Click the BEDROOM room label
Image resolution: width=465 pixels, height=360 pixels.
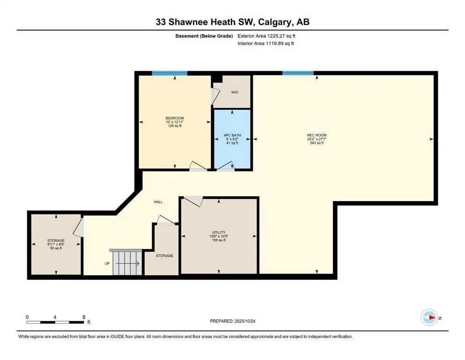(x=175, y=118)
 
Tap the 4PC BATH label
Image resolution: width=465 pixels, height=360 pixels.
(x=232, y=135)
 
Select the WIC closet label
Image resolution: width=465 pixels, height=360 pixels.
(x=235, y=92)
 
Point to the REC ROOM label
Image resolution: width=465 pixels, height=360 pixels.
(x=317, y=135)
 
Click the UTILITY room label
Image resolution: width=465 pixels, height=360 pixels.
(x=219, y=232)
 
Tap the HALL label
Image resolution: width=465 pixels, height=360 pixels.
(x=158, y=202)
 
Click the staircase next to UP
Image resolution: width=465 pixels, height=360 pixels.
(x=126, y=262)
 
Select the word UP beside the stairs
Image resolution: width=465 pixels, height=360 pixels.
(x=107, y=263)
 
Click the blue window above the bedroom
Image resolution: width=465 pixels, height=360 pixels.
(x=170, y=73)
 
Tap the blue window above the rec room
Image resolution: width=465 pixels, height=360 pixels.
(x=298, y=73)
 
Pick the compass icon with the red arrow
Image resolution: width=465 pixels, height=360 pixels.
(x=429, y=317)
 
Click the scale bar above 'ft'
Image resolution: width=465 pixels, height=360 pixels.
(x=55, y=322)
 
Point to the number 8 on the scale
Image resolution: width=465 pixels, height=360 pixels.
(x=84, y=317)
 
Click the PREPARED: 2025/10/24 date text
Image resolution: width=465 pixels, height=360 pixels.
(x=232, y=321)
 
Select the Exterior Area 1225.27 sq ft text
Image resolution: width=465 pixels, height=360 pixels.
(x=266, y=36)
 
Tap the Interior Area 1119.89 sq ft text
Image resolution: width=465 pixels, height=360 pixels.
(x=266, y=43)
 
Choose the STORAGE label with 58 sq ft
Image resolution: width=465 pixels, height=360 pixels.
(x=56, y=240)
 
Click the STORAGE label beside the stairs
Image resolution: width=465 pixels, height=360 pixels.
(x=164, y=256)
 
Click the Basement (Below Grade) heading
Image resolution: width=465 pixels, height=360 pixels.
(x=204, y=36)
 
